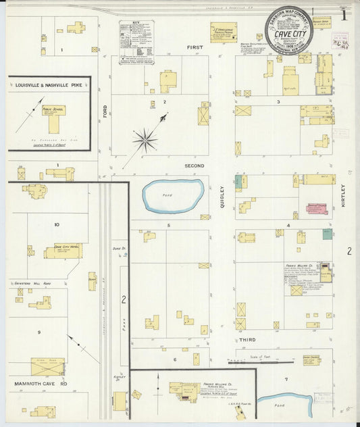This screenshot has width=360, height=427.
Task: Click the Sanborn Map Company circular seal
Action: point(288,30)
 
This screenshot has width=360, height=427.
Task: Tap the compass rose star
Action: point(145,141)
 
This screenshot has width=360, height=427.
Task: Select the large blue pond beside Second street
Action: point(173,196)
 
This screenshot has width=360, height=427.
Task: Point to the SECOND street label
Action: point(195,165)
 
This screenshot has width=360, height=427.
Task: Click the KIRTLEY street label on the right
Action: point(343,195)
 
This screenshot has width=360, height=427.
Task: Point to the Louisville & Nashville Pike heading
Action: point(48,86)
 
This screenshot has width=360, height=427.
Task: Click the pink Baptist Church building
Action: point(316,209)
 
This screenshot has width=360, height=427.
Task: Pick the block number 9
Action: point(39,332)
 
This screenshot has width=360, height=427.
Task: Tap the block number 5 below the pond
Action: point(159,224)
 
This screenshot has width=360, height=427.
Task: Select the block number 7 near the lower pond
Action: point(286,379)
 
